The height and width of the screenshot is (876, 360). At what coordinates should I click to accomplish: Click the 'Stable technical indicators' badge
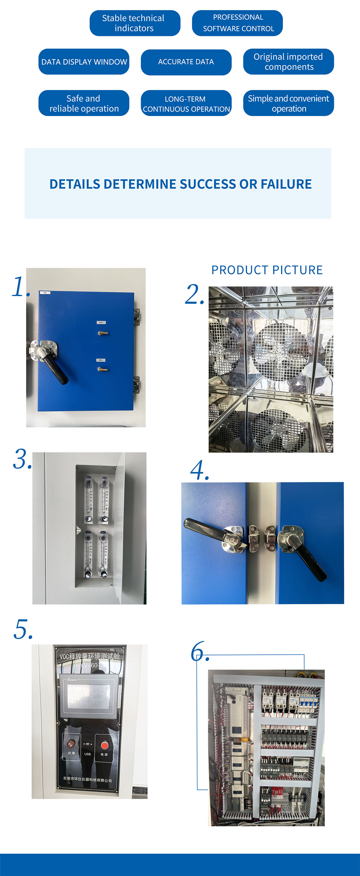[135, 23]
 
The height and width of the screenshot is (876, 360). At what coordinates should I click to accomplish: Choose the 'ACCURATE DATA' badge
[186, 62]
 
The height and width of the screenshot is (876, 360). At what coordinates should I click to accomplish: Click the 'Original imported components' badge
[288, 61]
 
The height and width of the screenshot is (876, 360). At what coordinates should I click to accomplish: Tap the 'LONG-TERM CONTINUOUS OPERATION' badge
[186, 103]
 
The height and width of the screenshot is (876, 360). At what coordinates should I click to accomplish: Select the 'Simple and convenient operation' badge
[288, 103]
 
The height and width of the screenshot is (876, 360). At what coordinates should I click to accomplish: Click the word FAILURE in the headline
[286, 184]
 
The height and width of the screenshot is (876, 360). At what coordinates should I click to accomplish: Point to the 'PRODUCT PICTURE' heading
[267, 270]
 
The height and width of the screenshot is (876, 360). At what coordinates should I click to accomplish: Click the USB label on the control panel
[87, 754]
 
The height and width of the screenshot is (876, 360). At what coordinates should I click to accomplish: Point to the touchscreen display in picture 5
[88, 696]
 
